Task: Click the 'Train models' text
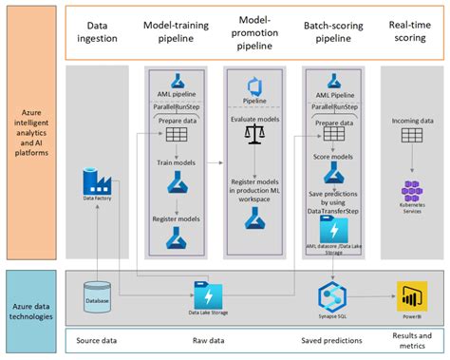click(176, 162)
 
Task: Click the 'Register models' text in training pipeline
click(176, 218)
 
